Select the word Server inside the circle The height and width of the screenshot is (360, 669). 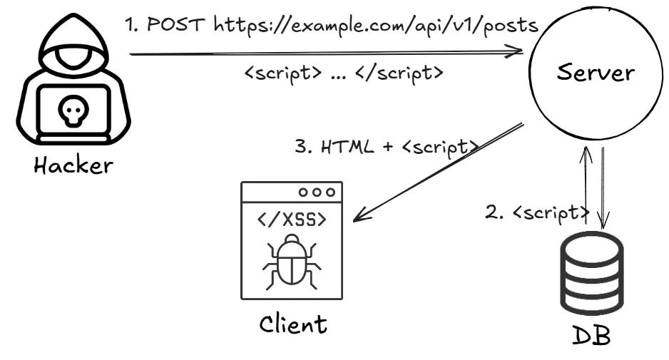click(x=596, y=72)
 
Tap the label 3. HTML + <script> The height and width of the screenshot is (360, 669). click(x=385, y=147)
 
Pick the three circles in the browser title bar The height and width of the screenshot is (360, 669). click(x=317, y=192)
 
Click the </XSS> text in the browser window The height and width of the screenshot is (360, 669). click(x=291, y=220)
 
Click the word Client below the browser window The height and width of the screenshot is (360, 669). click(x=292, y=324)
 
